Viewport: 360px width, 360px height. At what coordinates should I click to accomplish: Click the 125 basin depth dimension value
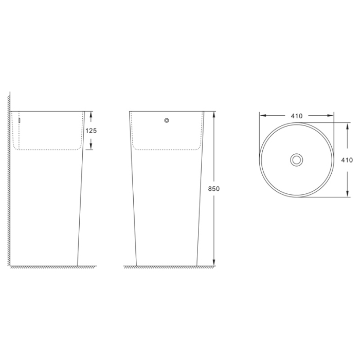pos(91,131)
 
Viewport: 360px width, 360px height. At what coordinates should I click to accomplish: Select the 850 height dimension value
pos(214,189)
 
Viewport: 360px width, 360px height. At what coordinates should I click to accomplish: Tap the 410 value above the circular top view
pos(296,116)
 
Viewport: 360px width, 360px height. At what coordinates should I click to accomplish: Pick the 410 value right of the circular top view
pos(347,160)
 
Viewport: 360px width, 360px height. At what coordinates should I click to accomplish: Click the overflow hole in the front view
pos(167,120)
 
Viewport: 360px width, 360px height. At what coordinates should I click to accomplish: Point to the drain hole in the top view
pos(296,159)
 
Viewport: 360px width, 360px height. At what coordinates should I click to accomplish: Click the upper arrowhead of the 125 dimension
pos(91,114)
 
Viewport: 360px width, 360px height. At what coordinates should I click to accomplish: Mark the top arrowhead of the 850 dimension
pos(214,114)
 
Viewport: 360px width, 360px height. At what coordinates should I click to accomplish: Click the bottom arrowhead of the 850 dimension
pos(214,263)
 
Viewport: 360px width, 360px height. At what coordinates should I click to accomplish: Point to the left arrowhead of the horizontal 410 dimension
pos(262,116)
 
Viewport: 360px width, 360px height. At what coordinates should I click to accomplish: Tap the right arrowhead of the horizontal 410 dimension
pos(331,116)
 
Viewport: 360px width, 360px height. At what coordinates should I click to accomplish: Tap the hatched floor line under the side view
pos(51,267)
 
